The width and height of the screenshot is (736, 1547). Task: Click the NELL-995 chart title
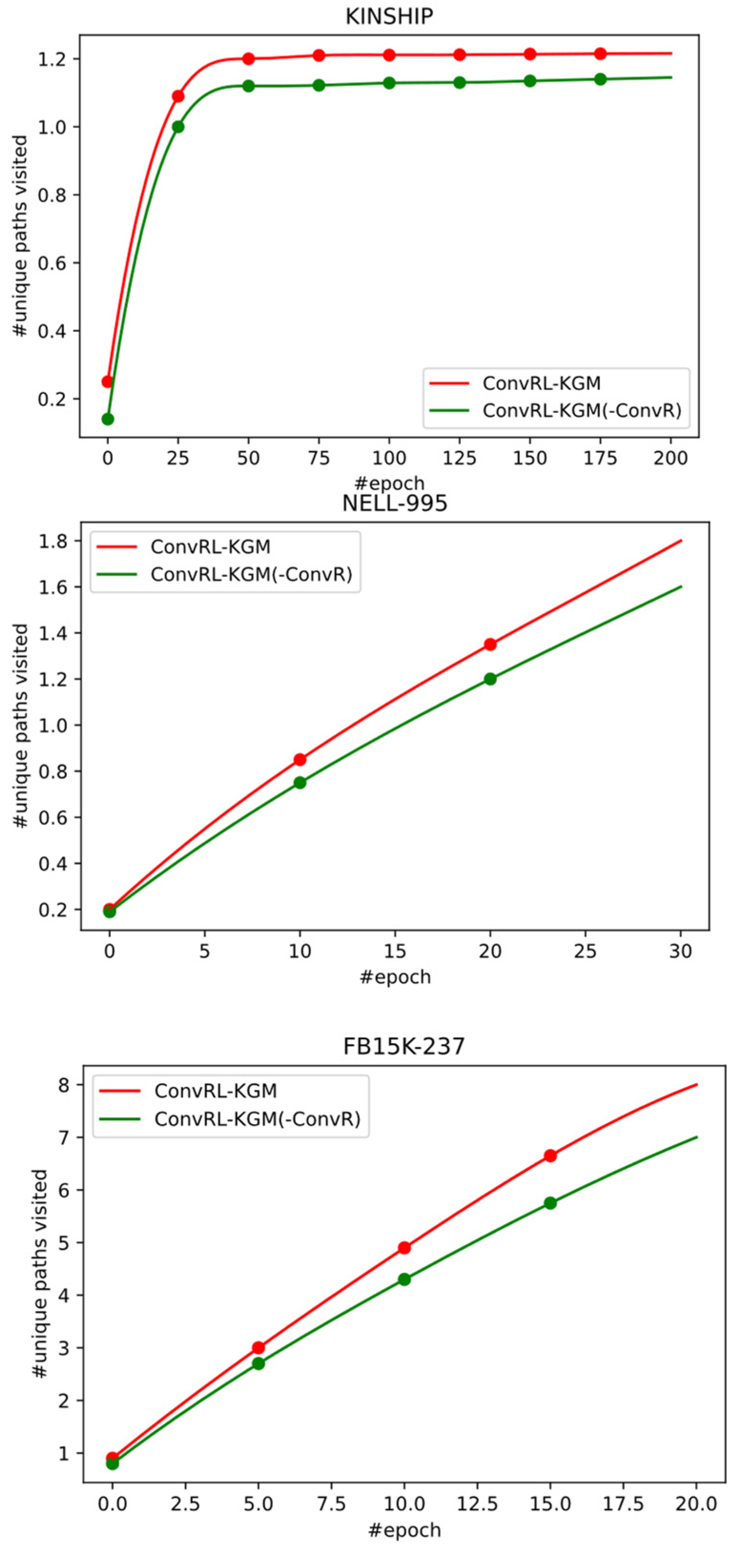pos(395,503)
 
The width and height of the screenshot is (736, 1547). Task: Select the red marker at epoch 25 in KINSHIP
pos(178,96)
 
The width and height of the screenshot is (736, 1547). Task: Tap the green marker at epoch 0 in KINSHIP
pos(108,419)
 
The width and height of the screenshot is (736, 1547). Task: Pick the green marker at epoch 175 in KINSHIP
pos(600,79)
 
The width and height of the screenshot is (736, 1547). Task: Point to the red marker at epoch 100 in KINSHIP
pos(389,55)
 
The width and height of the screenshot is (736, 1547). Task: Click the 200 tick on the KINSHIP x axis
pos(671,458)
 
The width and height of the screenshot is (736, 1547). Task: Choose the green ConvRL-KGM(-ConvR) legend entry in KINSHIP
pos(582,410)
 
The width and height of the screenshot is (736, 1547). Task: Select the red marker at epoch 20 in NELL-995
pos(490,644)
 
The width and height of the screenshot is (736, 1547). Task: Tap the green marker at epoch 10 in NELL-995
pos(300,783)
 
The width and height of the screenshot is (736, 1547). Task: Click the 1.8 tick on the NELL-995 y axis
pos(51,541)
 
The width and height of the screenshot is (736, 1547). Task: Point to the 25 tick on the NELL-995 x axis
pos(585,951)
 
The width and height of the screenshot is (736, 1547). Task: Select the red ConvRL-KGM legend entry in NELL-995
pos(210,546)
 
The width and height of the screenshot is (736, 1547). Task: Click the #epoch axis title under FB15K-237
pos(404,1529)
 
